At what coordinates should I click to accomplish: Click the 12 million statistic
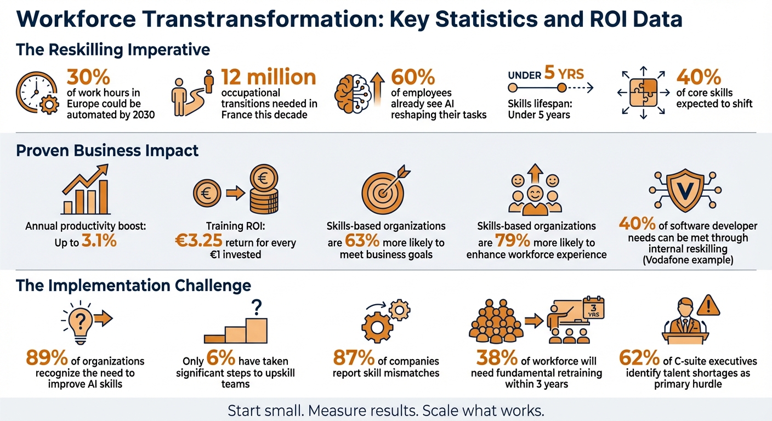coord(268,77)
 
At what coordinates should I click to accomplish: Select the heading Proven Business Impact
coord(107,150)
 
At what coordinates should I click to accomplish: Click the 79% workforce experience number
coord(511,241)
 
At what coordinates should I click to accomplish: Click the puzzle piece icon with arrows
coord(642,92)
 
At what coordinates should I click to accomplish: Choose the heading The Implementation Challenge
coord(133,286)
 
